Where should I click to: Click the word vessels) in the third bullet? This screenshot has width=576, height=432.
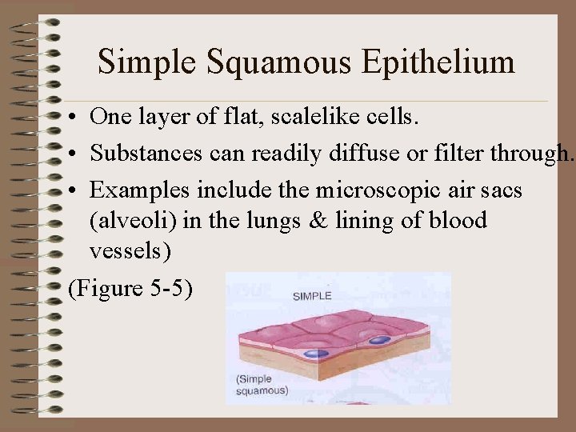coord(130,251)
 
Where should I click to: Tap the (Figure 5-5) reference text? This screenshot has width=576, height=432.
coord(130,288)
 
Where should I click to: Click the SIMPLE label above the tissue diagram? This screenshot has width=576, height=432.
coord(311,296)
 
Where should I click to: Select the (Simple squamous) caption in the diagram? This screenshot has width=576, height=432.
coord(262,384)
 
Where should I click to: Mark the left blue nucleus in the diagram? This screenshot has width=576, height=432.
coord(317,353)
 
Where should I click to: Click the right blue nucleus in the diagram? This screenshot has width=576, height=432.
coord(379,341)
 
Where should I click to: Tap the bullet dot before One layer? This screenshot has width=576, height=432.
coord(72,118)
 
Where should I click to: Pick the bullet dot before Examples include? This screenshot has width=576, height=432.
coord(72,191)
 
